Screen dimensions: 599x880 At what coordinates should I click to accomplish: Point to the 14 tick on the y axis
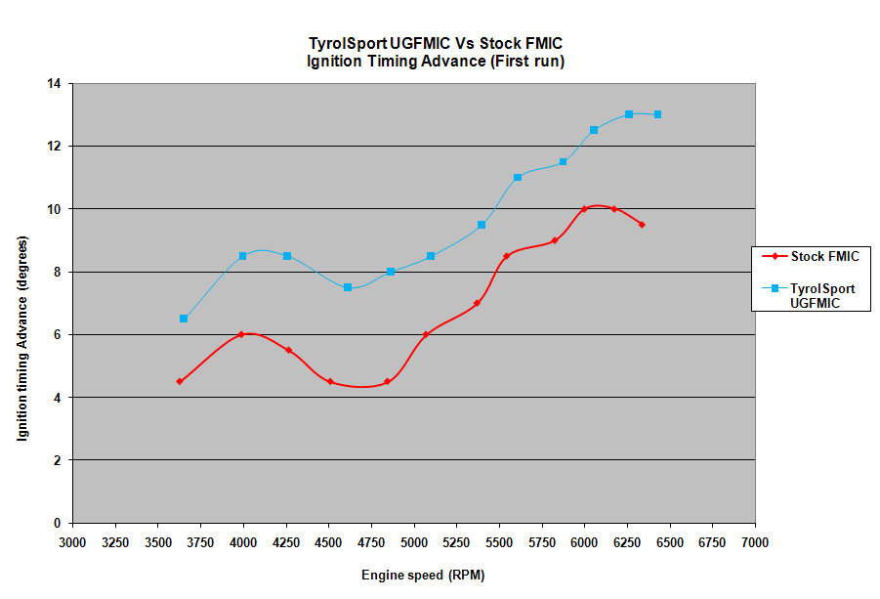54,84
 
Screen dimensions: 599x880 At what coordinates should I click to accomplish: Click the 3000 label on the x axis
72,542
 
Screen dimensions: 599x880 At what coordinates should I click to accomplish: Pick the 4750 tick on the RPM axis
371,542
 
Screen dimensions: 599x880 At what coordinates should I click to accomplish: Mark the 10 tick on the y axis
54,209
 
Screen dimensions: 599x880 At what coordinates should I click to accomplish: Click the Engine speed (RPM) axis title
422,575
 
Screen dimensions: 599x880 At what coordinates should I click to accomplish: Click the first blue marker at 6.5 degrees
184,319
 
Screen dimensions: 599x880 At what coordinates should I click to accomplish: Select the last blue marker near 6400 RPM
657,114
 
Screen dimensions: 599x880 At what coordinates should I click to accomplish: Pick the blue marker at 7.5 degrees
348,287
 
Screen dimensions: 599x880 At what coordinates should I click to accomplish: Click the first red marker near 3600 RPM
180,381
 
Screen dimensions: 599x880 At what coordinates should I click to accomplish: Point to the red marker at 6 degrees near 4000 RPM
240,334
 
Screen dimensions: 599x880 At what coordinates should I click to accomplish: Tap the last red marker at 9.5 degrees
642,225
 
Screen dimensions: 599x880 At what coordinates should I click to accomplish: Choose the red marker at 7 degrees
477,303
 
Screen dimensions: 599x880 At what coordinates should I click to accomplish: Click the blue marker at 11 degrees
518,177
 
